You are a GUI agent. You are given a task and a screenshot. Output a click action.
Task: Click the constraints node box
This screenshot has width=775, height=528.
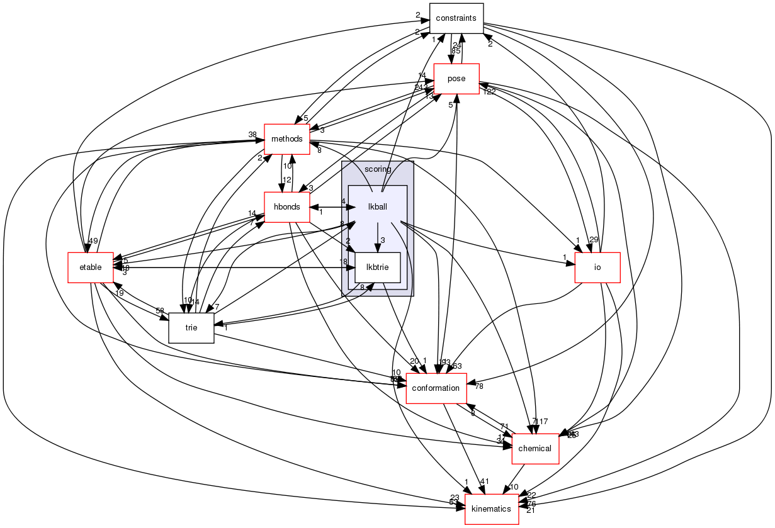(x=456, y=18)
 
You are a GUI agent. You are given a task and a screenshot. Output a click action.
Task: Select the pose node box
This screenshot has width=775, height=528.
(x=456, y=79)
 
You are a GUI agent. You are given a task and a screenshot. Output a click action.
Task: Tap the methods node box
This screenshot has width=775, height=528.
(x=286, y=138)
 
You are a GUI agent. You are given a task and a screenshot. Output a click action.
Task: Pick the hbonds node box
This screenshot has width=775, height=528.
(x=286, y=207)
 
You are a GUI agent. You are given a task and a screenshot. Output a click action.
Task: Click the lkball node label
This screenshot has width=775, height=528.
(x=377, y=206)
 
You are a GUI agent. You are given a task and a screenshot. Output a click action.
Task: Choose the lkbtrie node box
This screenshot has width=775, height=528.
(x=378, y=267)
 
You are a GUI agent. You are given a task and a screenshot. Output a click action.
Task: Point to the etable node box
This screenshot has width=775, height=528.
(x=91, y=267)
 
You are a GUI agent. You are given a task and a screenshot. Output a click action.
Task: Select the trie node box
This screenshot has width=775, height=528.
(x=191, y=328)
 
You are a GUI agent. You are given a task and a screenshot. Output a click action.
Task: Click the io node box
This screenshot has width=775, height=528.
(x=597, y=267)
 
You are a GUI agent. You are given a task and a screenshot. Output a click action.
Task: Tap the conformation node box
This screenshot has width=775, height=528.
(x=436, y=388)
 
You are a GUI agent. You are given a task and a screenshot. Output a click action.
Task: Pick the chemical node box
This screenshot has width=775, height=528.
(x=535, y=449)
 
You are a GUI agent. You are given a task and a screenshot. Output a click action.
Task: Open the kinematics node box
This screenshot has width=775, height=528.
(x=491, y=509)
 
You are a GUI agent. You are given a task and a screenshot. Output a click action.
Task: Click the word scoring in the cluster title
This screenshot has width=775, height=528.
(x=378, y=169)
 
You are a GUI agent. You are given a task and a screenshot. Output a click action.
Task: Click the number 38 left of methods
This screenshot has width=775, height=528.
(x=252, y=135)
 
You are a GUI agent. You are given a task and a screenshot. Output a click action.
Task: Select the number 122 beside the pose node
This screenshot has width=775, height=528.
(x=489, y=92)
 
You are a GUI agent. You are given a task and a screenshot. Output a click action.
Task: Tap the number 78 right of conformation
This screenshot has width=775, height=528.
(x=479, y=386)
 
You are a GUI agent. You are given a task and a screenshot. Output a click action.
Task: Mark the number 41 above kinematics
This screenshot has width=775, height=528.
(x=484, y=481)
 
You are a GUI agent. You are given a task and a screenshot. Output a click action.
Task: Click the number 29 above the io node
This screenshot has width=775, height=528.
(x=594, y=240)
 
